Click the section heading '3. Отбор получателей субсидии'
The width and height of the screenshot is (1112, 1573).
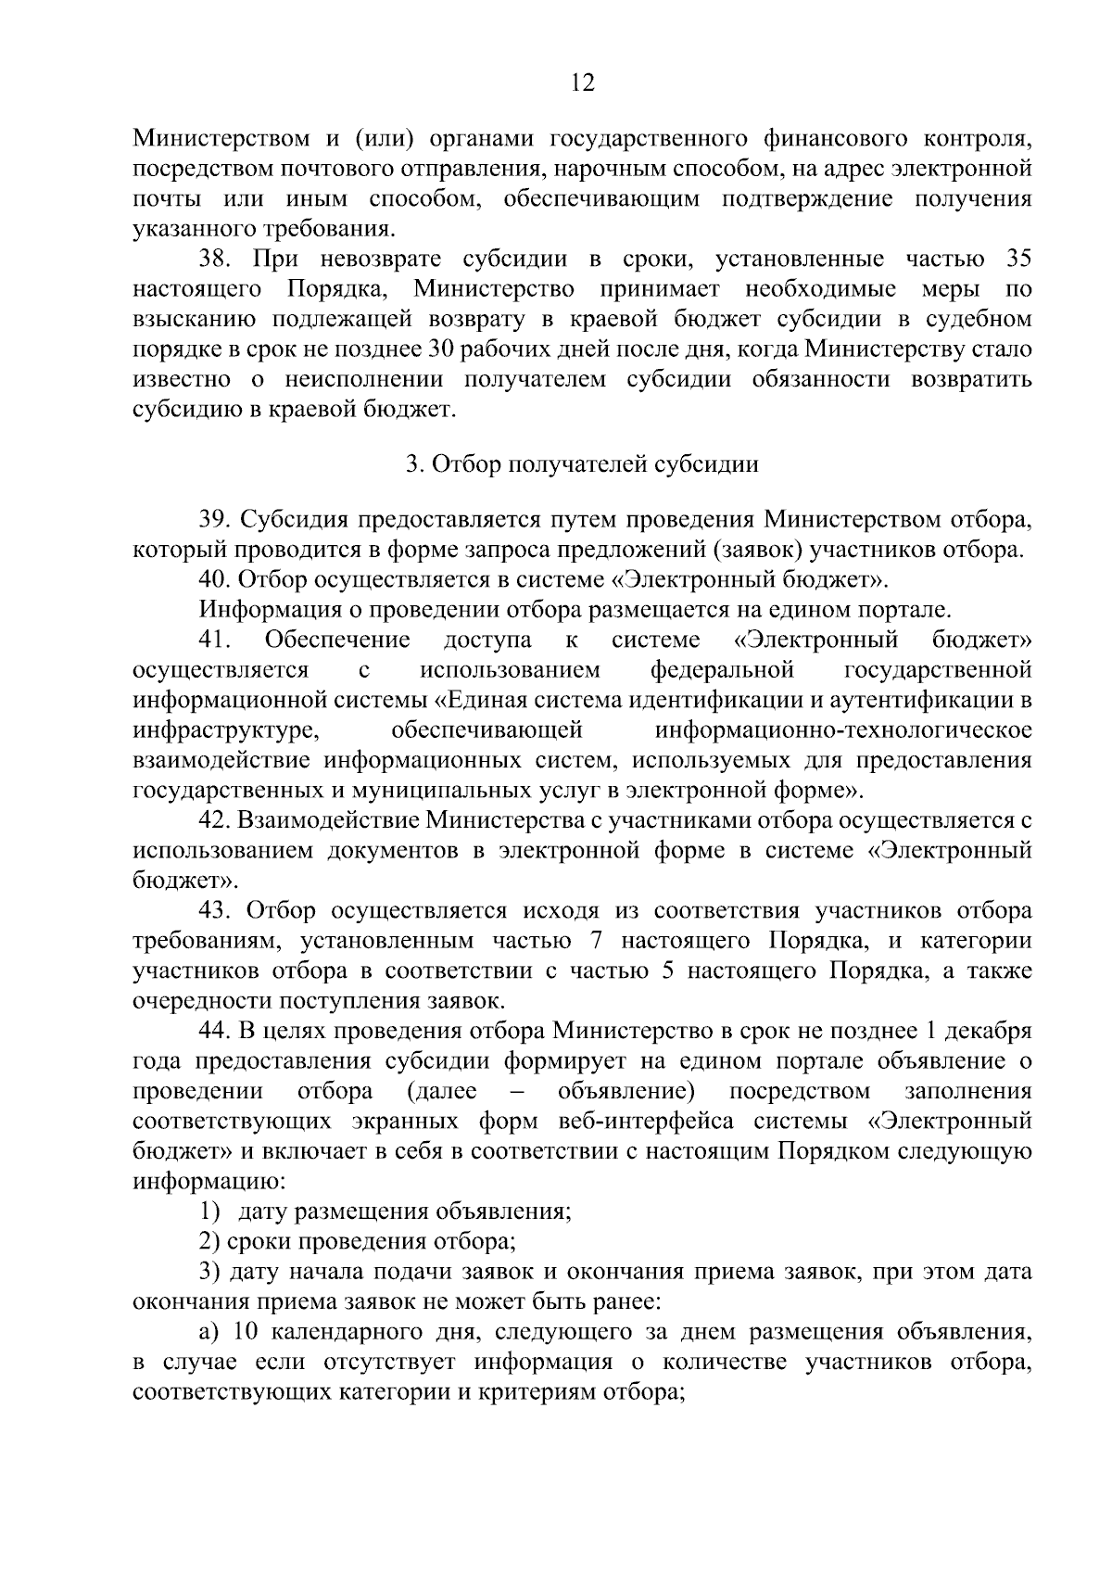click(582, 464)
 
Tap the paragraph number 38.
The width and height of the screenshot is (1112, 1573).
click(214, 258)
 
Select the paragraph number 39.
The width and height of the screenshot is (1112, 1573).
click(214, 518)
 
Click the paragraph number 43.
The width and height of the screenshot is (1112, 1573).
click(214, 911)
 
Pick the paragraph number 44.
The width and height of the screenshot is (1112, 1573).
click(214, 1032)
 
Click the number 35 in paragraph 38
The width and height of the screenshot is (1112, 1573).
click(1017, 258)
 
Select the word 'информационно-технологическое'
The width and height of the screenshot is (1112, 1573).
click(843, 730)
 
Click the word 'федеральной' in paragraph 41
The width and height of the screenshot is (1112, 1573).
click(722, 669)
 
